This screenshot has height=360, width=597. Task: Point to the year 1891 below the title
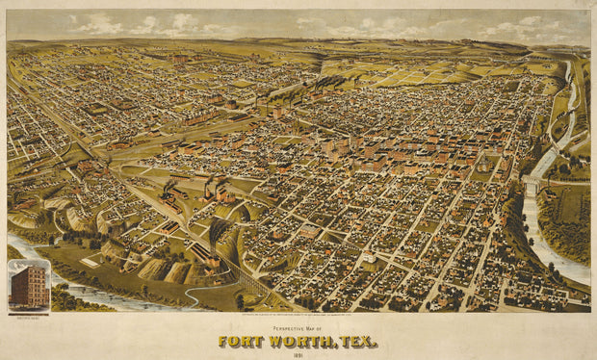coord(298,354)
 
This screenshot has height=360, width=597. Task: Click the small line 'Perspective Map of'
coord(298,328)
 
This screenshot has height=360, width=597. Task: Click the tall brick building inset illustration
coord(29,285)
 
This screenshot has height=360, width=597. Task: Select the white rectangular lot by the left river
coord(90,261)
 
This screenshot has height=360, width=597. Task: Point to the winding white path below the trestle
coord(193,296)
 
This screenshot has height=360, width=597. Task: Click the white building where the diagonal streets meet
coord(370,257)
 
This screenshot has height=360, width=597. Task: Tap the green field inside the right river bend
coord(568,217)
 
